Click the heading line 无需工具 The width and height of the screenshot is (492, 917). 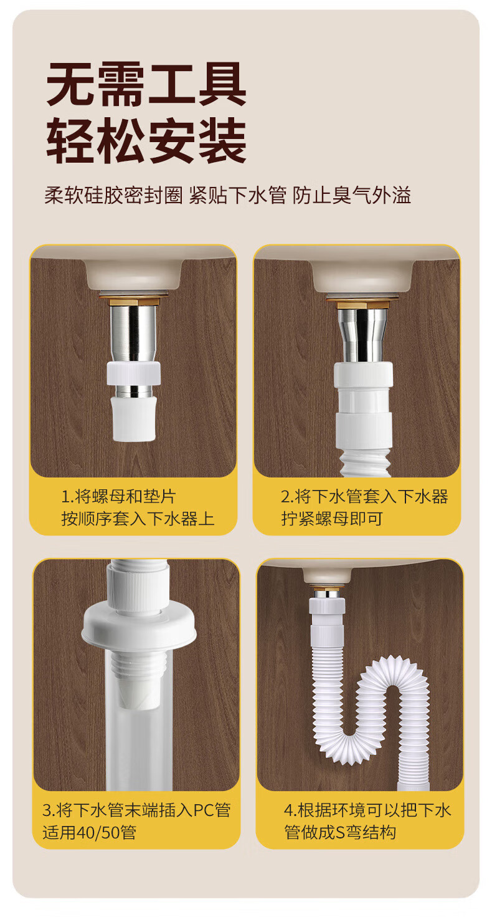(146, 84)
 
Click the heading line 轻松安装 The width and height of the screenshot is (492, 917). (146, 140)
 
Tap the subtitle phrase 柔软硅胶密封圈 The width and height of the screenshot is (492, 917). (113, 195)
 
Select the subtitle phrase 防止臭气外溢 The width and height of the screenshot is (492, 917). (351, 195)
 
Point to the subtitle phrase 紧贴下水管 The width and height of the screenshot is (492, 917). (237, 195)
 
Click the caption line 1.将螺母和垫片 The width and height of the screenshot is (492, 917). (118, 497)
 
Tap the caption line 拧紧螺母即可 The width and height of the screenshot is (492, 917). (332, 518)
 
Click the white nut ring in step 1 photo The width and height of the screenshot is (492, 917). (133, 373)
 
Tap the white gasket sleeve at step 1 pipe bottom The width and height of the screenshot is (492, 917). (134, 418)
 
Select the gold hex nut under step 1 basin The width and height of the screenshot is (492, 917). (133, 302)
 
